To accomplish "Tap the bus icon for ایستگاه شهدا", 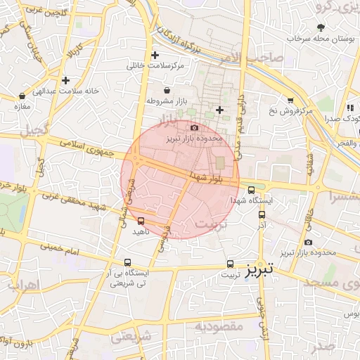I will tap(252, 190).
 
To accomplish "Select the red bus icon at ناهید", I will tap(141, 221).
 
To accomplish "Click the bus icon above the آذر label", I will tap(262, 215).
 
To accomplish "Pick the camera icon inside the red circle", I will tap(194, 127).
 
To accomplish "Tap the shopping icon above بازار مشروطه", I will tap(167, 90).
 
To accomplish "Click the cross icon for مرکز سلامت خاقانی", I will tap(155, 55).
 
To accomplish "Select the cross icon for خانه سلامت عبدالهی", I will tap(66, 80).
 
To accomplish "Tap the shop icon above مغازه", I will tap(23, 95).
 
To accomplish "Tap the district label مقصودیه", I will tap(219, 327).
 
